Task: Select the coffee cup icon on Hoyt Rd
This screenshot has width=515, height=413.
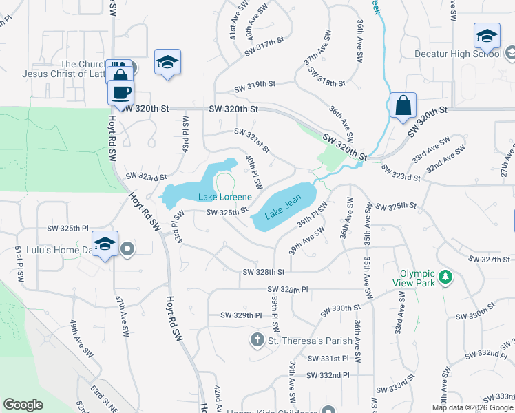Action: pyautogui.click(x=120, y=92)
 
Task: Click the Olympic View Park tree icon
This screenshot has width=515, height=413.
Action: pyautogui.click(x=446, y=277)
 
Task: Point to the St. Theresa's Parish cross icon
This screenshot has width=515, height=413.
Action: pyautogui.click(x=257, y=339)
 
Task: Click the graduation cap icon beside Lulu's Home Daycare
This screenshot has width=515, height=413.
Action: pyautogui.click(x=105, y=244)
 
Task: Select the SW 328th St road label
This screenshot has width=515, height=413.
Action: pyautogui.click(x=263, y=273)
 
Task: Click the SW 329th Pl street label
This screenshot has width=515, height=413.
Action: pyautogui.click(x=241, y=315)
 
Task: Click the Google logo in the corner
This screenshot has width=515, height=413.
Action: pyautogui.click(x=23, y=405)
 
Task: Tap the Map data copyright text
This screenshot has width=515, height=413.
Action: pyautogui.click(x=473, y=407)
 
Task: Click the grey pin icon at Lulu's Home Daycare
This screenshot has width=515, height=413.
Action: pyautogui.click(x=127, y=250)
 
